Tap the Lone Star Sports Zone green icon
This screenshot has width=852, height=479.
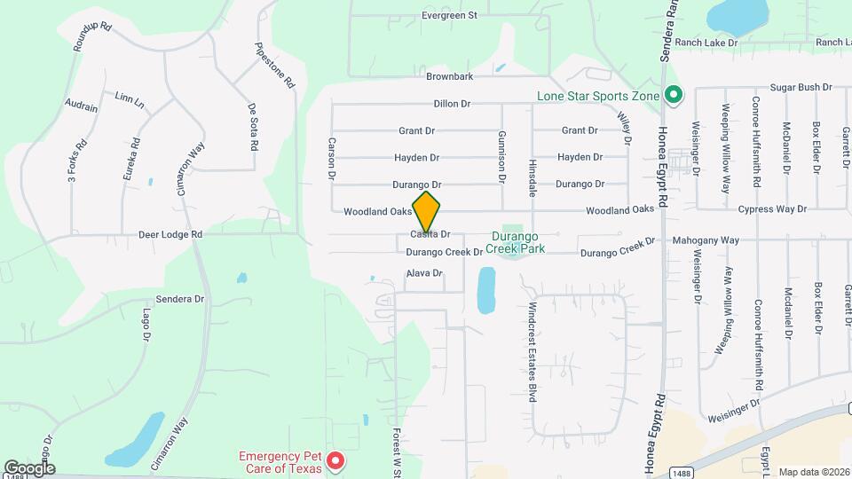[674, 94]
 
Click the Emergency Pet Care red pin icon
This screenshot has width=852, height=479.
[335, 460]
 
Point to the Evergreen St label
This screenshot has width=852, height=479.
[449, 15]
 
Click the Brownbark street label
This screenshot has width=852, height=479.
[449, 77]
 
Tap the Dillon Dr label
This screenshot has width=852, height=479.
[452, 104]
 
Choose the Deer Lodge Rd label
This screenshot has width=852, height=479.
[170, 235]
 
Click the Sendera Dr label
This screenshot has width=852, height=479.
[180, 300]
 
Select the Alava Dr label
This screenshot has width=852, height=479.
[423, 273]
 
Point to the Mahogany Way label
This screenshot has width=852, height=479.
[706, 240]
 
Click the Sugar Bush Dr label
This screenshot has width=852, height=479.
[801, 88]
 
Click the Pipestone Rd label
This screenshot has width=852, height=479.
[274, 66]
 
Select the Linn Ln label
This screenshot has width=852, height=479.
[130, 100]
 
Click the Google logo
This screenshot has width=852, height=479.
[29, 468]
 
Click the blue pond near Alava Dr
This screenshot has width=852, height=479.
[486, 291]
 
